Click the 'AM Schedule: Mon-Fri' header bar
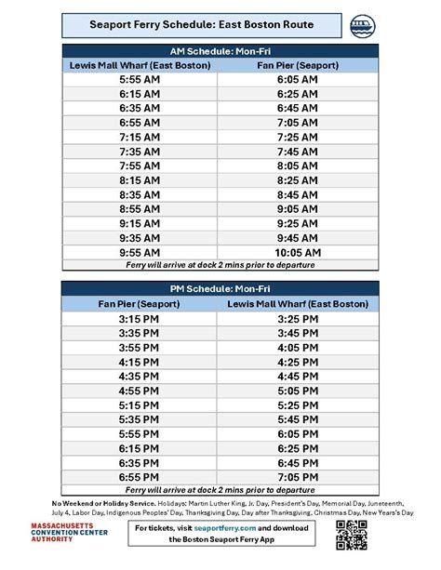220,51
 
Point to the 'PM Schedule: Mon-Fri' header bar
220,288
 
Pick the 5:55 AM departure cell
142,81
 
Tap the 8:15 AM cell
142,180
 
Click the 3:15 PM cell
142,318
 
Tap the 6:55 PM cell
142,475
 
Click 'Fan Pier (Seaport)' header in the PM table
142,303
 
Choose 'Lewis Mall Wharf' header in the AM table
142,66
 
